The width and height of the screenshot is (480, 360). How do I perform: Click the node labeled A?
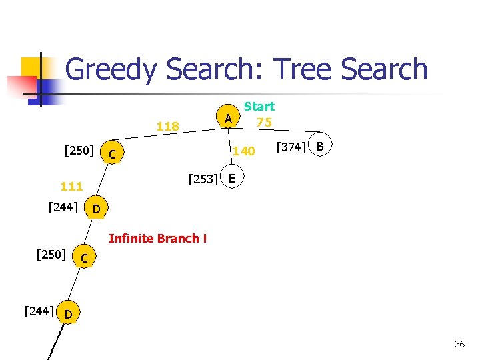(x=228, y=119)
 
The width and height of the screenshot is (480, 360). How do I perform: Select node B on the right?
(x=320, y=146)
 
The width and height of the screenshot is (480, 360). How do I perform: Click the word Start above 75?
(x=259, y=106)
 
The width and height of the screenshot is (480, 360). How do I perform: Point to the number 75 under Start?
(x=264, y=122)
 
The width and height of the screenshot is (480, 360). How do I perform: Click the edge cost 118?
(x=167, y=127)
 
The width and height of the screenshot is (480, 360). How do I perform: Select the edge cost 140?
(x=244, y=152)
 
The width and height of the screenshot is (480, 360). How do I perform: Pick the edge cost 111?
(x=71, y=187)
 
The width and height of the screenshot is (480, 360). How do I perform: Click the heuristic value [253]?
(x=203, y=179)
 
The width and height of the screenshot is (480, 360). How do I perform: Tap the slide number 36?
(x=459, y=344)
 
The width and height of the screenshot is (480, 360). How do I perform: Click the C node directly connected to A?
(x=113, y=155)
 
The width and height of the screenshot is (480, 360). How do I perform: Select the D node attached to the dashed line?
(x=68, y=312)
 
